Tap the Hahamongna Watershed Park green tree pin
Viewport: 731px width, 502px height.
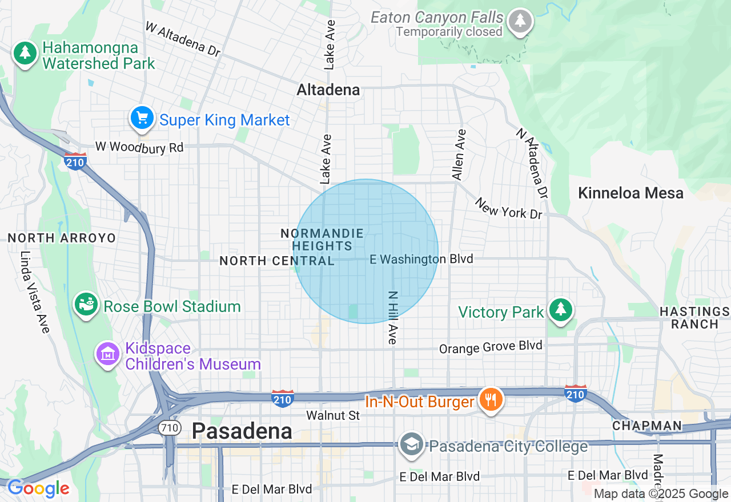(x=25, y=53)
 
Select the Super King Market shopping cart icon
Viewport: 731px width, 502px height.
(x=142, y=118)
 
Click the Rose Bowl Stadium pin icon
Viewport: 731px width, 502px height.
(x=86, y=305)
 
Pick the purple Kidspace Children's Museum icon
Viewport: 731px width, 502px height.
(x=107, y=354)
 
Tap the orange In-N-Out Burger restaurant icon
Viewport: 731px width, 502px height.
(x=489, y=399)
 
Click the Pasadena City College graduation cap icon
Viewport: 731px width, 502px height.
(x=411, y=444)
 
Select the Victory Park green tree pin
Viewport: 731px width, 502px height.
(x=561, y=310)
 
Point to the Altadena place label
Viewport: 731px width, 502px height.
(x=328, y=90)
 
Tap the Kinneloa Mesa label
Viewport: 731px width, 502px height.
(x=630, y=193)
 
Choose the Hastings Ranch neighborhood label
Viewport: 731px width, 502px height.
(x=694, y=318)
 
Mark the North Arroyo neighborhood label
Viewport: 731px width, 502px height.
(x=62, y=238)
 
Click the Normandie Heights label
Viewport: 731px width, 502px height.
(x=322, y=240)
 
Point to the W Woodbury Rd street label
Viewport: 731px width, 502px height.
(x=139, y=147)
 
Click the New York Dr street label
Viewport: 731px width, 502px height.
(x=508, y=208)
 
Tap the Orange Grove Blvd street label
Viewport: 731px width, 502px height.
(x=490, y=347)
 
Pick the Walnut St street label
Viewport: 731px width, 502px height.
(x=333, y=415)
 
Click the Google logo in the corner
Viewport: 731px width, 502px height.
(x=38, y=489)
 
